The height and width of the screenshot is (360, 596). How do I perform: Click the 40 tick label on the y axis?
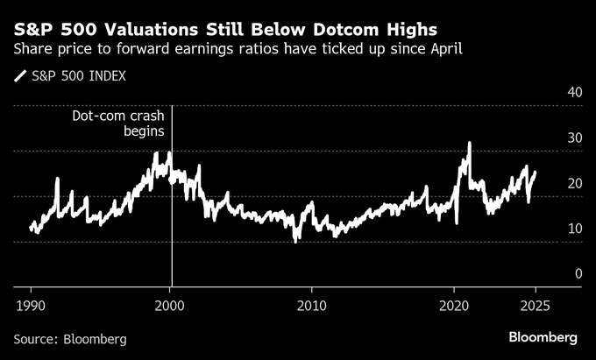pyautogui.click(x=575, y=92)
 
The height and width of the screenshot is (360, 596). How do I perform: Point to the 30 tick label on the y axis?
pyautogui.click(x=575, y=138)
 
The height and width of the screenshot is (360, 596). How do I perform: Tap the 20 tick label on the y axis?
pyautogui.click(x=575, y=183)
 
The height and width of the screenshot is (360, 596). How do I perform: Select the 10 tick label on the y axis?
pyautogui.click(x=575, y=229)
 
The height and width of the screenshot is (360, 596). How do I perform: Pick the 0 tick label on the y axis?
pyautogui.click(x=578, y=274)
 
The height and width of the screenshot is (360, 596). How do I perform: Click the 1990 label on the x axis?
pyautogui.click(x=31, y=304)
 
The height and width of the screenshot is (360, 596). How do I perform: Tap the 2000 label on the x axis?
pyautogui.click(x=170, y=304)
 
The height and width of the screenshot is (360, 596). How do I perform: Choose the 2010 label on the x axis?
pyautogui.click(x=311, y=304)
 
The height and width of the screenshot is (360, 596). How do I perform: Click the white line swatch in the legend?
pyautogui.click(x=19, y=76)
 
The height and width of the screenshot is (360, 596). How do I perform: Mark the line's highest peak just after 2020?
pyautogui.click(x=470, y=143)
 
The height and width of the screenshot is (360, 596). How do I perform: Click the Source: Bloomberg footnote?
pyautogui.click(x=70, y=337)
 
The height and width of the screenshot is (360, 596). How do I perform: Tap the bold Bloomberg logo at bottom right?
pyautogui.click(x=543, y=337)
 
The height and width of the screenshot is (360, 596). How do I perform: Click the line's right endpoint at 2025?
pyautogui.click(x=536, y=173)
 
